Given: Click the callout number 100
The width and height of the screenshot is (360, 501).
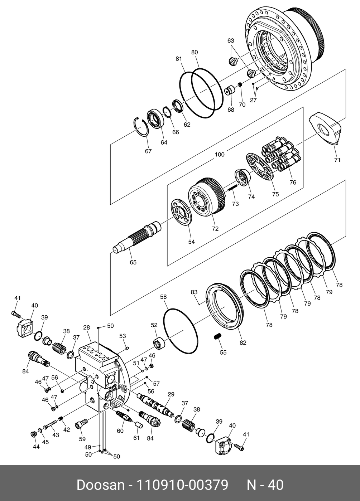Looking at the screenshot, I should tap(220, 155).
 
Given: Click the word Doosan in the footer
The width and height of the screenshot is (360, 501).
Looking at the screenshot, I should tap(100, 485).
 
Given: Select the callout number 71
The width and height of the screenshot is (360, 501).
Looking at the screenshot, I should tap(337, 160).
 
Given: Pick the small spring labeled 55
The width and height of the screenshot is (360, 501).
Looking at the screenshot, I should tap(217, 336).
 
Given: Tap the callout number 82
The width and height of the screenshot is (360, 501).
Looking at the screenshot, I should tap(243, 342).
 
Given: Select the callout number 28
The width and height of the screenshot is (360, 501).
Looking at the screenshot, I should tap(86, 327).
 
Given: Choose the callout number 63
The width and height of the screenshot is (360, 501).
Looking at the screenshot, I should tap(231, 41).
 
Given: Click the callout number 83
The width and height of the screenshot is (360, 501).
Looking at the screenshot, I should tap(194, 292).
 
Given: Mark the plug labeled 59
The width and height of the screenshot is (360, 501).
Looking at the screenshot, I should tap(81, 425).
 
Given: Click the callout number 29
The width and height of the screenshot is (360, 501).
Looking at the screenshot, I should tap(171, 394).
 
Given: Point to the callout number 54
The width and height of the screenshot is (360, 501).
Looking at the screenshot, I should tap(191, 242).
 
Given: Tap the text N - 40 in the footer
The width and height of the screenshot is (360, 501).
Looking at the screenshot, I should tap(265, 485).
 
